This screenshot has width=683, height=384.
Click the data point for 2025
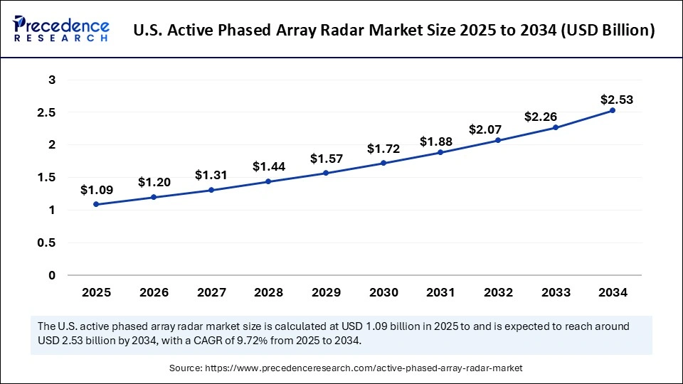click(96, 204)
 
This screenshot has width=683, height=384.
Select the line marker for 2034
click(612, 110)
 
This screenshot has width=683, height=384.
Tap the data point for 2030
click(383, 163)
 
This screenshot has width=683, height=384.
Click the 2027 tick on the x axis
click(211, 292)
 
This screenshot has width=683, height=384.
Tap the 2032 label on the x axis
click(497, 292)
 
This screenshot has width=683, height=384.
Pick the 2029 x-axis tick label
click(325, 292)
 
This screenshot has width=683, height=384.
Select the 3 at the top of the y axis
click(52, 80)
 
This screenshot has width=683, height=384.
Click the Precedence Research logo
click(61, 29)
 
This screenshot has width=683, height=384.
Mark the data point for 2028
click(268, 181)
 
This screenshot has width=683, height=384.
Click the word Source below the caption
click(186, 368)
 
